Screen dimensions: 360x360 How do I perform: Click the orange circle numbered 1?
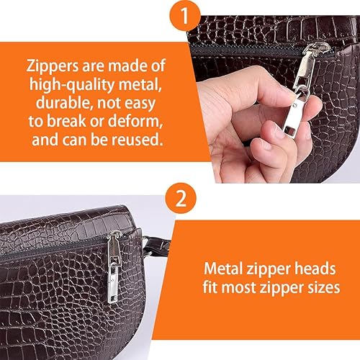pos(185,16)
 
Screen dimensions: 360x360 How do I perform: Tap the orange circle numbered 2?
pos(181,198)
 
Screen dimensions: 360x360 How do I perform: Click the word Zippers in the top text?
pos(53,66)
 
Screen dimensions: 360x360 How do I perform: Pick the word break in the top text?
pos(66,121)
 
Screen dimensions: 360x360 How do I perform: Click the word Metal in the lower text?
pos(223,269)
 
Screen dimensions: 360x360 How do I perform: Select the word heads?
pos(315,269)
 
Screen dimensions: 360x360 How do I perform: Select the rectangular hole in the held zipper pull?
pos(290,131)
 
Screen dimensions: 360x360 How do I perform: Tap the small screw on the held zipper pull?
pos(295,105)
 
